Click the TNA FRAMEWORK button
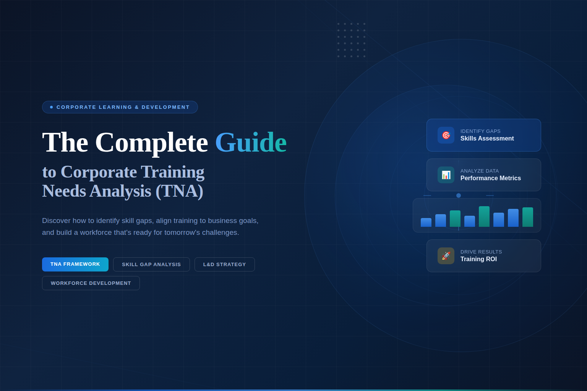tap(75, 264)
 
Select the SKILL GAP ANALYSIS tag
tap(151, 264)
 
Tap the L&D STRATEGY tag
tap(224, 264)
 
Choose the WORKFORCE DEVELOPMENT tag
tap(91, 283)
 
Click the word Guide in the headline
tap(251, 142)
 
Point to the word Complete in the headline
tap(151, 142)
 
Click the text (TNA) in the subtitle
tap(179, 191)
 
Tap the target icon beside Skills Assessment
tap(446, 135)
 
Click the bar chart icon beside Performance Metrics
tap(446, 175)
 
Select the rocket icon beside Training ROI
tap(446, 256)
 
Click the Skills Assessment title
tap(487, 139)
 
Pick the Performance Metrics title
tap(490, 178)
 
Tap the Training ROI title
tap(478, 259)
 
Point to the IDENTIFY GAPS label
tap(480, 131)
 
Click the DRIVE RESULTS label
tap(481, 252)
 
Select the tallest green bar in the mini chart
tap(484, 217)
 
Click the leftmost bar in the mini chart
tap(426, 222)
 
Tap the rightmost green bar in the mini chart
tap(528, 217)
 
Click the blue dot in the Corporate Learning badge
tap(52, 107)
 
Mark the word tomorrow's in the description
tap(182, 233)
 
